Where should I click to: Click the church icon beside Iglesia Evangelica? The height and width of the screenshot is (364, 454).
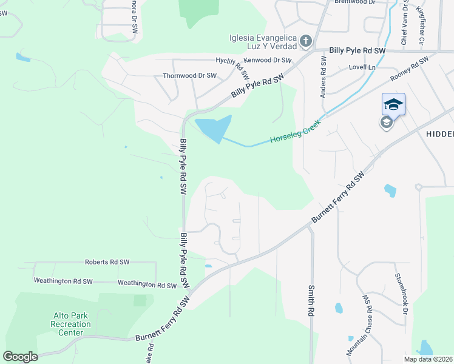click(306, 41)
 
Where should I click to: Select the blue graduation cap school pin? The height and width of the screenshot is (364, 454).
click(393, 104)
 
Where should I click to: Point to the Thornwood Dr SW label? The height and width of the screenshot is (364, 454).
click(189, 76)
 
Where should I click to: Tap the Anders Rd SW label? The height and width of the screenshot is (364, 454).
click(323, 77)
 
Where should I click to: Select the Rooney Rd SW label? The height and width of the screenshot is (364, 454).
click(410, 68)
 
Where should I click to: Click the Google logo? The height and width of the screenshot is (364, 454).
click(20, 357)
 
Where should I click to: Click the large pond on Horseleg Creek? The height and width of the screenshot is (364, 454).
click(214, 127)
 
